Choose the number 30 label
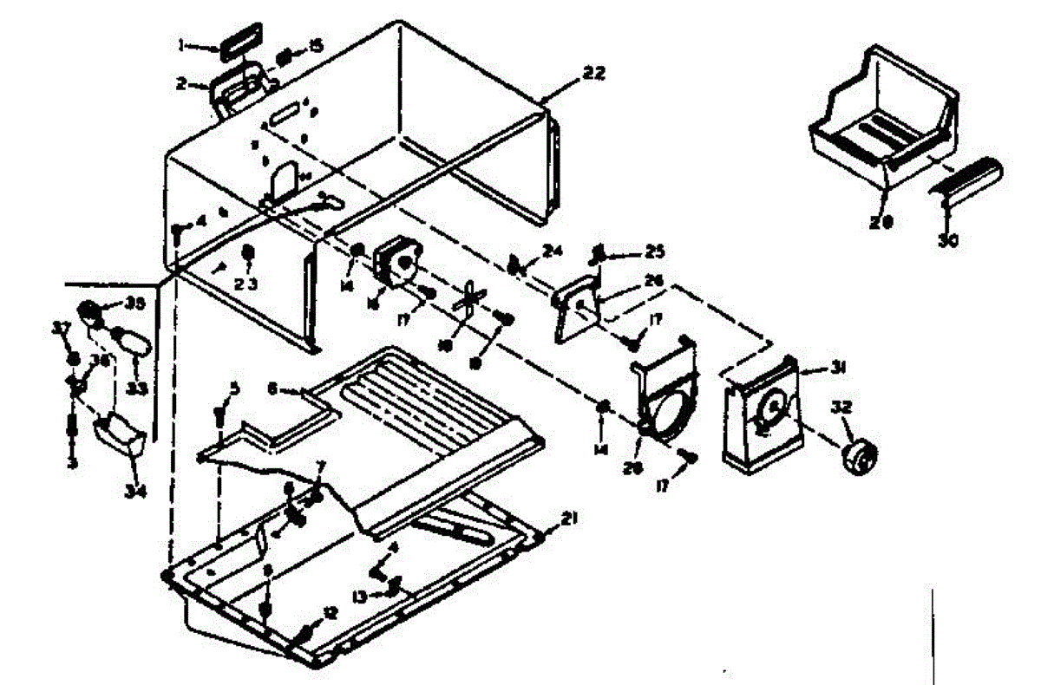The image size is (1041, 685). click(948, 241)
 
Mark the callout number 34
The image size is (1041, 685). click(134, 493)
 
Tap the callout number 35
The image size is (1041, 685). click(134, 303)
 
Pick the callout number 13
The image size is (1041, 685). click(360, 595)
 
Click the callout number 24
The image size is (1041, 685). click(553, 251)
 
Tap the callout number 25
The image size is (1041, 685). click(653, 252)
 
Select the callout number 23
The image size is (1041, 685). click(246, 283)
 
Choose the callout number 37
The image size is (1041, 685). click(61, 327)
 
